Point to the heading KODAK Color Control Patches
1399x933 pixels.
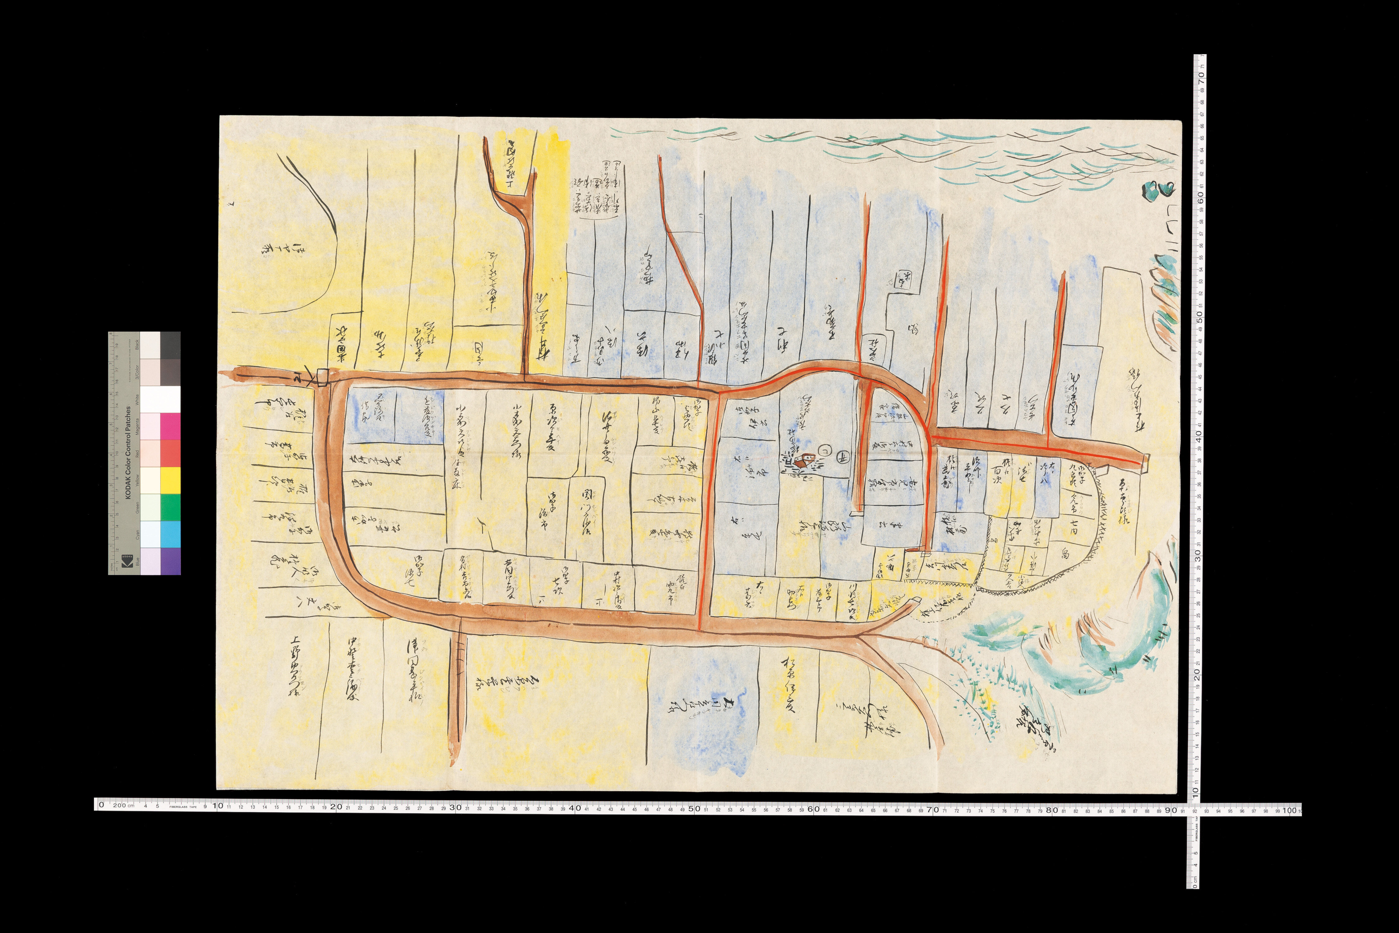coord(128,452)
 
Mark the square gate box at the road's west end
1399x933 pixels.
coord(322,377)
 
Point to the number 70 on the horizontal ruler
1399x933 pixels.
coord(933,809)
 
